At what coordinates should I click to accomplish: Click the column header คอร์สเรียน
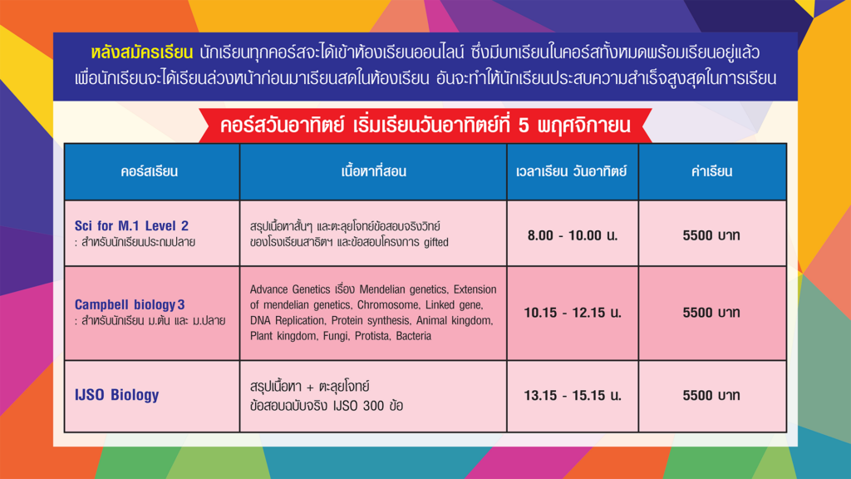(150, 171)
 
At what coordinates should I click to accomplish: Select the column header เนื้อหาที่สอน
(373, 171)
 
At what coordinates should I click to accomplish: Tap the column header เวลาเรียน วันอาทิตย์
(572, 171)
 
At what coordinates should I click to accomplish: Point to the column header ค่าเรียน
(711, 171)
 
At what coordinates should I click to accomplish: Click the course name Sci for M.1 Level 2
(131, 225)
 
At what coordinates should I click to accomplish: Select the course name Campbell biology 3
(130, 304)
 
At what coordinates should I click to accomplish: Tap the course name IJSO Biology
(116, 395)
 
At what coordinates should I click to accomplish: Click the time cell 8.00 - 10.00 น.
(573, 235)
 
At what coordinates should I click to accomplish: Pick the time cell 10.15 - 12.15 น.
(573, 313)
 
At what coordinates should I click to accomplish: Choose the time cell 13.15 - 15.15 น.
(573, 395)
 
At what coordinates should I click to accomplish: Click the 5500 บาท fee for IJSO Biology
(711, 395)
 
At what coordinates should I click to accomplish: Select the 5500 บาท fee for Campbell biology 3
(711, 313)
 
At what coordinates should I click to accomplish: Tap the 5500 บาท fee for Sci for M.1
(711, 235)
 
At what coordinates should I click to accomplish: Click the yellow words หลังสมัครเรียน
(141, 52)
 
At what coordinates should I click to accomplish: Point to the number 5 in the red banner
(524, 126)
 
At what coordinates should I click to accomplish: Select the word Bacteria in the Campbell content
(414, 336)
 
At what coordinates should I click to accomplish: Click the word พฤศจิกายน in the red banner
(584, 126)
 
